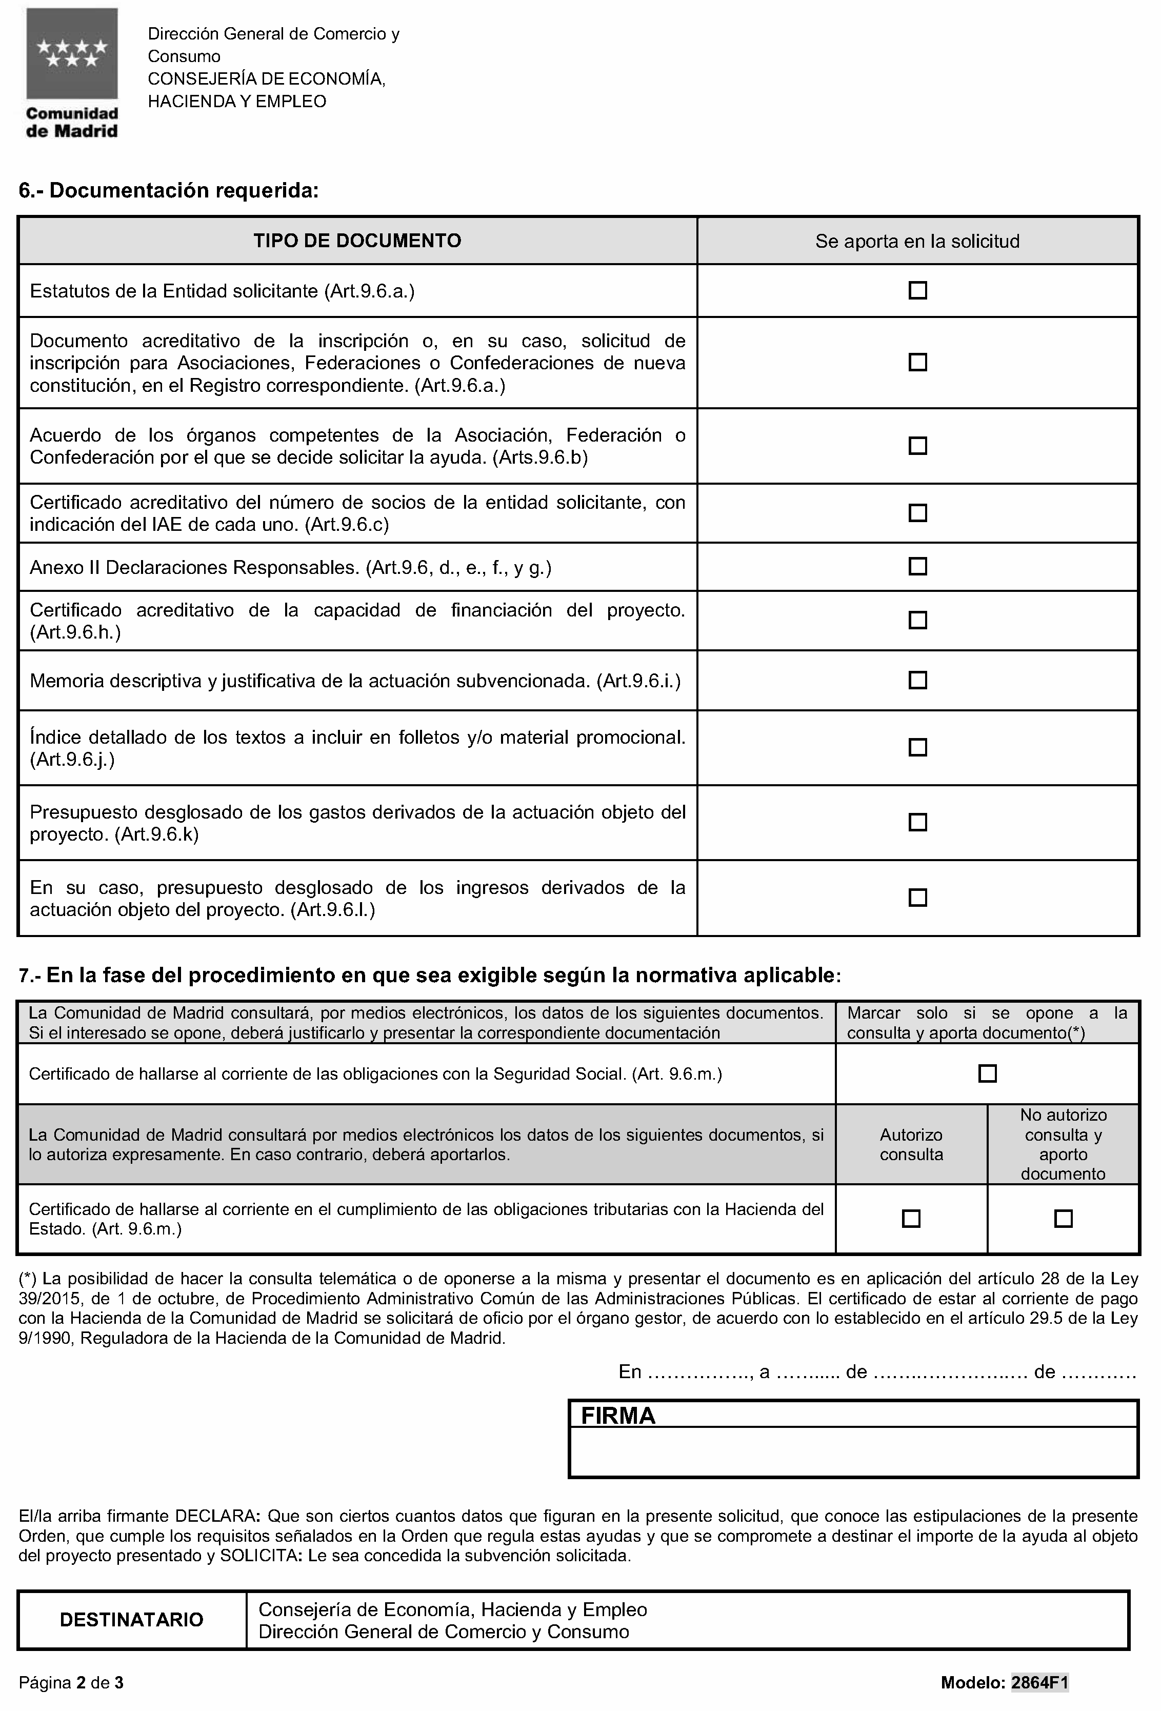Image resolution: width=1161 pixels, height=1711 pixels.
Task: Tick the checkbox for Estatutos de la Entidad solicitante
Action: (x=917, y=290)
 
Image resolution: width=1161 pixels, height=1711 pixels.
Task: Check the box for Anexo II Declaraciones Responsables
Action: (x=917, y=566)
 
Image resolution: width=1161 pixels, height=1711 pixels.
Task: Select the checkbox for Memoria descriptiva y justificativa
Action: (x=917, y=680)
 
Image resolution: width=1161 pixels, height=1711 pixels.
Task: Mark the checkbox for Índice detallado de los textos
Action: (x=917, y=747)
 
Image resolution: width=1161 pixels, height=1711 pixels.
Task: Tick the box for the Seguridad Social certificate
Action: (x=987, y=1073)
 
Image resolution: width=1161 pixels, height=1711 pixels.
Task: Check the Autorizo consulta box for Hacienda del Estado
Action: (x=911, y=1219)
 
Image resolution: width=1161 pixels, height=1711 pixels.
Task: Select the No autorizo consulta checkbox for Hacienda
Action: (x=1063, y=1219)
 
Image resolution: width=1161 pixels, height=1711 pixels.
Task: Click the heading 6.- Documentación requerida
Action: (x=169, y=191)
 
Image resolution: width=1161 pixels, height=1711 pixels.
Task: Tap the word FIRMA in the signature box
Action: (x=617, y=1415)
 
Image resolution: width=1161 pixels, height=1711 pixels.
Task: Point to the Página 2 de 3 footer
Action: (x=71, y=1682)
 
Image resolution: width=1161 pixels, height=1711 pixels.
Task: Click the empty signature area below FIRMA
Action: (x=853, y=1451)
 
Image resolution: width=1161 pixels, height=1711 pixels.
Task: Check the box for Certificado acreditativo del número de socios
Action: (x=917, y=512)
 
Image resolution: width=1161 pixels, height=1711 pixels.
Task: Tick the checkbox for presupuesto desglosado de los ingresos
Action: (x=917, y=898)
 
